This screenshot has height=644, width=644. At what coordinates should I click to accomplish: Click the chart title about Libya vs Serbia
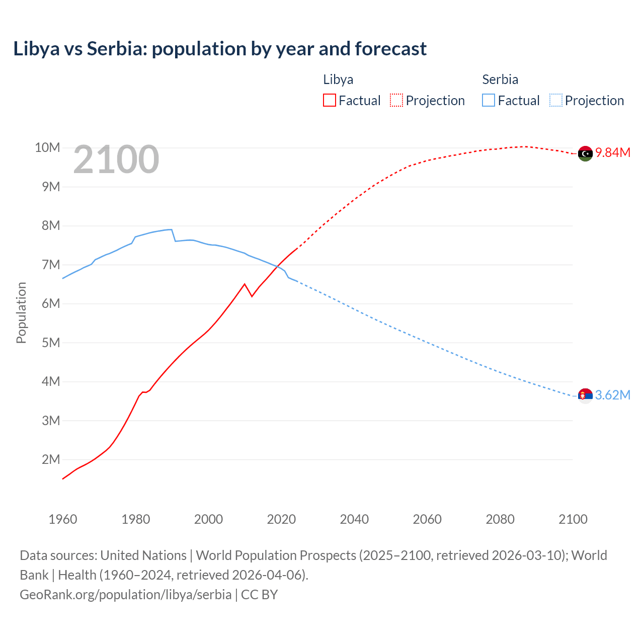pos(220,49)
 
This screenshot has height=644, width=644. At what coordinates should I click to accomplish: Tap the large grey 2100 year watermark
pos(116,159)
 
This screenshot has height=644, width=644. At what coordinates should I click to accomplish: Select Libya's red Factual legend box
pos(329,100)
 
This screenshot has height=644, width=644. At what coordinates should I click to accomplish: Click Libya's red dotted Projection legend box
pos(396,100)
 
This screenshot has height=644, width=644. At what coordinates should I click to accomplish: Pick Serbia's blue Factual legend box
pos(488,100)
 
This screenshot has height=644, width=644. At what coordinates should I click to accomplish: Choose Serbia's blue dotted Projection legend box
pos(555,100)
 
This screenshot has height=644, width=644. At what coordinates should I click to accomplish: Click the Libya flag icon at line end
pos(585,153)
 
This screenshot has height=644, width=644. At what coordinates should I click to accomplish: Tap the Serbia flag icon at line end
pos(585,396)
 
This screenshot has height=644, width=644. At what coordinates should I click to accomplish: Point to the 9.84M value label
pos(613,153)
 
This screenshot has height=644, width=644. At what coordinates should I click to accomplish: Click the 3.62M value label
pos(613,395)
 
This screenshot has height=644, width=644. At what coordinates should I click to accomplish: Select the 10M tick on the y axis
pos(47,148)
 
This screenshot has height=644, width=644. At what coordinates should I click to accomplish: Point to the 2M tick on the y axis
pos(51,459)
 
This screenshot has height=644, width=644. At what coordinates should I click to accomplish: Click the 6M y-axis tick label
pos(51,304)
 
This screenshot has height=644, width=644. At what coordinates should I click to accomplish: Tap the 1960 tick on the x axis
pos(63,519)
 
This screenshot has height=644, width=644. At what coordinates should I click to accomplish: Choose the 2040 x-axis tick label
pos(354,519)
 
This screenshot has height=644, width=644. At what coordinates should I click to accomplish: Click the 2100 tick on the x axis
pos(573,519)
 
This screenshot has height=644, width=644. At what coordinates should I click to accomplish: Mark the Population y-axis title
pos(21,312)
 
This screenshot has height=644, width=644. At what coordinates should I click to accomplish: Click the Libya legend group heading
pos(338,79)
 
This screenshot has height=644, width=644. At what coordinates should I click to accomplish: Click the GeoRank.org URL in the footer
pos(126,595)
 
